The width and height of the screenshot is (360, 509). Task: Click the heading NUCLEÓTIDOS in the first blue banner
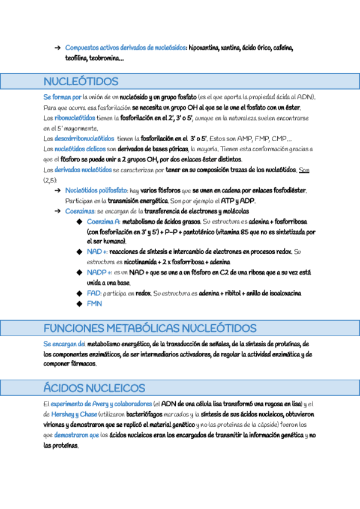81,82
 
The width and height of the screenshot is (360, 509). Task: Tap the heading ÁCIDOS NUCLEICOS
94,388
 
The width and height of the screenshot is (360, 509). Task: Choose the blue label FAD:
94,293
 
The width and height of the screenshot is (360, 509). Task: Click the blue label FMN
94,304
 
